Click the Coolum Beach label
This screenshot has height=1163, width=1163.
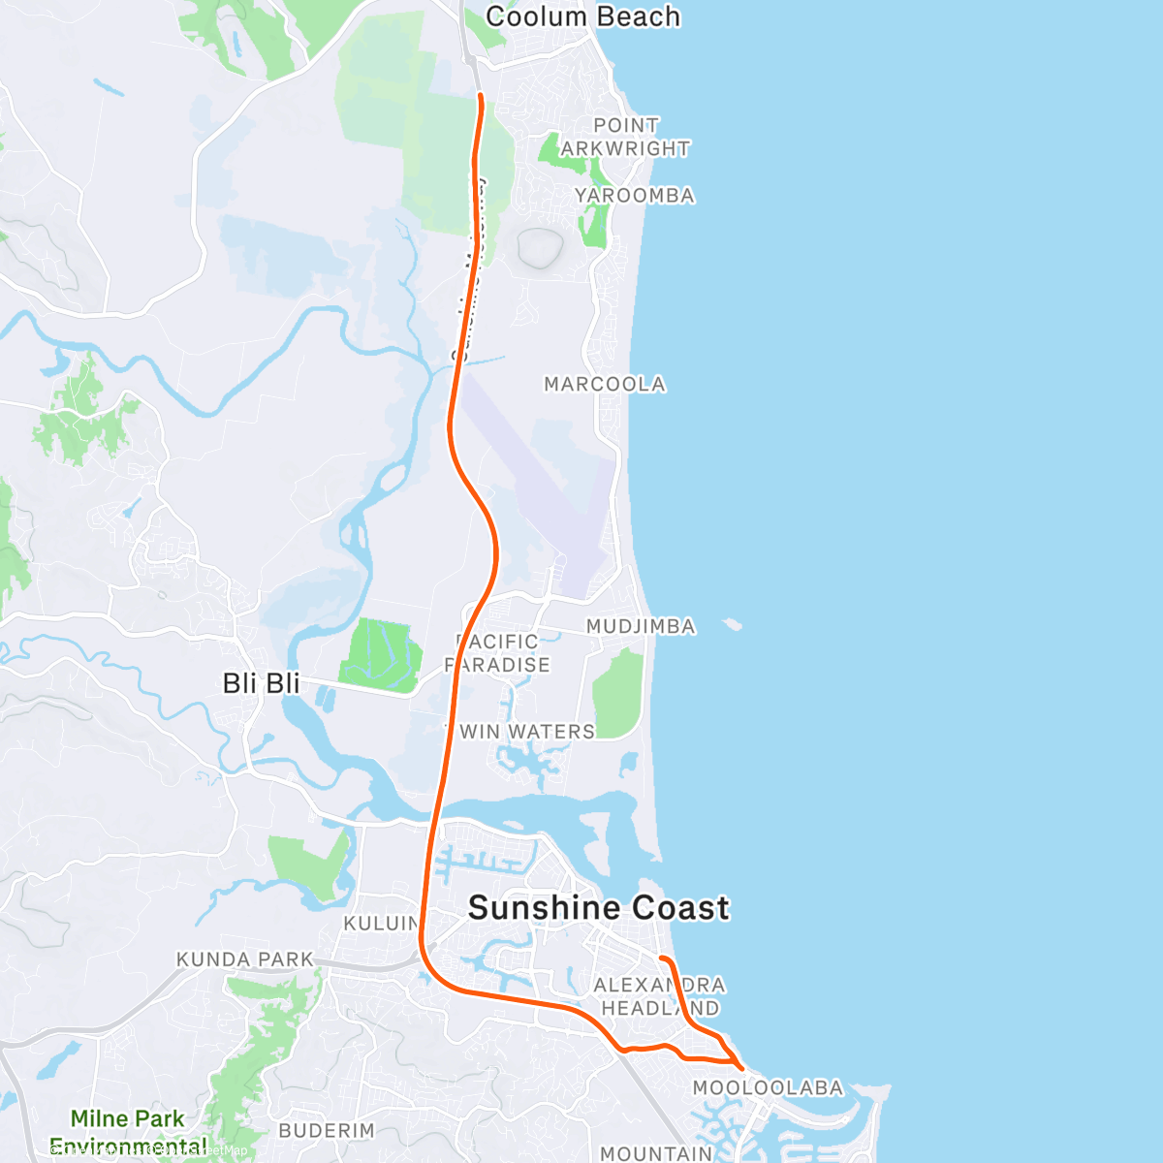point(582,17)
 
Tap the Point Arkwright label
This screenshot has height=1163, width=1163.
point(625,137)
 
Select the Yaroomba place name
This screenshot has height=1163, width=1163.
point(634,196)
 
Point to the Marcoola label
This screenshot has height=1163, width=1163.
point(605,385)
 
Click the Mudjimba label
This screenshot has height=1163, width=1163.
point(641,627)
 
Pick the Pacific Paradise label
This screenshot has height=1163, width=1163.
point(497,653)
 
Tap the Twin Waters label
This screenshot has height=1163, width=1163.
point(520,732)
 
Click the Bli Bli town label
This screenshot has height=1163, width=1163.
point(261,683)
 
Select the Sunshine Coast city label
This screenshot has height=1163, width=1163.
point(598,908)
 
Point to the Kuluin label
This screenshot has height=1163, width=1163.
point(382,924)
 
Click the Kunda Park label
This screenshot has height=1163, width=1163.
point(245,959)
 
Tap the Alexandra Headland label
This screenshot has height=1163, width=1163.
point(660,996)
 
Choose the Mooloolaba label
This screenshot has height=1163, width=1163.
point(768,1088)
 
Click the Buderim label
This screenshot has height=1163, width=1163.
point(326,1131)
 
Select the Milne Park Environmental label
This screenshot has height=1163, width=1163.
point(127,1131)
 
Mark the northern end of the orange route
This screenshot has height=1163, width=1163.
point(481,95)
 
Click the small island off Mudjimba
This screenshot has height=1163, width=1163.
point(732,625)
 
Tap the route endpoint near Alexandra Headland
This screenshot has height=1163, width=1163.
point(662,959)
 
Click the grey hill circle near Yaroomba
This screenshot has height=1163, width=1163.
point(540,247)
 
